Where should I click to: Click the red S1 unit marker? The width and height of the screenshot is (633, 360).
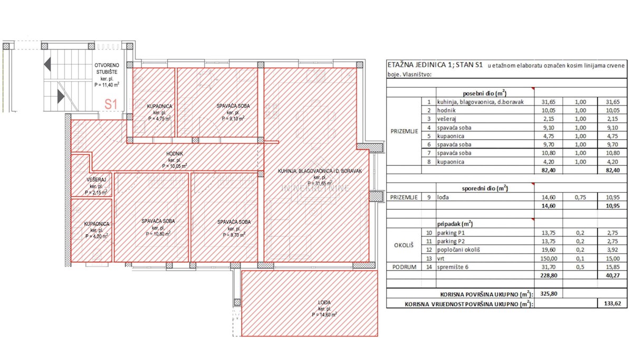(111, 104)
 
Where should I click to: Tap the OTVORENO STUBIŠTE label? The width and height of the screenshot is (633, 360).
(107, 69)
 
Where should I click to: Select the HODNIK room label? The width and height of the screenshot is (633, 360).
(175, 154)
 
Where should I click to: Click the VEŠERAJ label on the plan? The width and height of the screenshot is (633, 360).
(97, 179)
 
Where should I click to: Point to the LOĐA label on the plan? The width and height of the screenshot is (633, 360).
(324, 302)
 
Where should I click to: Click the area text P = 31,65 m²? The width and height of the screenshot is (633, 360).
(320, 184)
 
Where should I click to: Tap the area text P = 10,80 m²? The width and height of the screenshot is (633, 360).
(158, 234)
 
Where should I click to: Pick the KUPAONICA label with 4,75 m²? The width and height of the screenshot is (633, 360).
(159, 106)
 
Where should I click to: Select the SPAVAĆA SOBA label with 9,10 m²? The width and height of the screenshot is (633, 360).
(233, 106)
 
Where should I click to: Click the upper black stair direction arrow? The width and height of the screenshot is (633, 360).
(47, 64)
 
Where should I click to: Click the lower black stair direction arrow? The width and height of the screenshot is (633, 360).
(61, 97)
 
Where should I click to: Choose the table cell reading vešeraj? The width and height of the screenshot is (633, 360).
(446, 119)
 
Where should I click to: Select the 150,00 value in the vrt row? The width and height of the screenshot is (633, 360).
(549, 259)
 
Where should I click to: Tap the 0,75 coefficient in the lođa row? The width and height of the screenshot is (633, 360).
(580, 197)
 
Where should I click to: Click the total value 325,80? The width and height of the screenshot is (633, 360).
(549, 293)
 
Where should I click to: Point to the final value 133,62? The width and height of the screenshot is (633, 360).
(612, 304)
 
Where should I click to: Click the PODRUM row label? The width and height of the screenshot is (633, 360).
(404, 267)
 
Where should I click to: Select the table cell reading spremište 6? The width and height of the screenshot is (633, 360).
(453, 267)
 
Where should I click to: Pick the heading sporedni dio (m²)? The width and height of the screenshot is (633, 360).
(485, 188)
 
